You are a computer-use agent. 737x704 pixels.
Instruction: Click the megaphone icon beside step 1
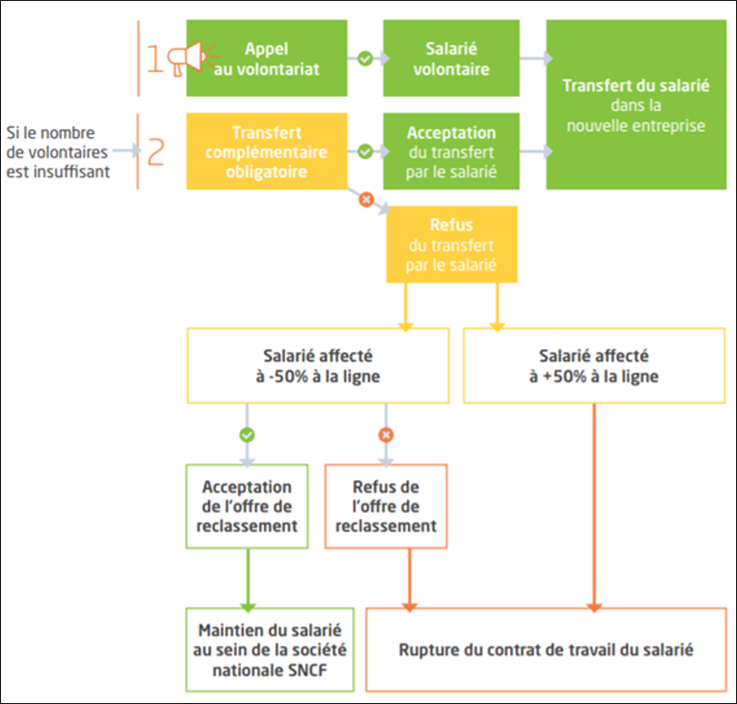pos(192,58)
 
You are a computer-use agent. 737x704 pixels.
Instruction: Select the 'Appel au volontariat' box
pos(267,58)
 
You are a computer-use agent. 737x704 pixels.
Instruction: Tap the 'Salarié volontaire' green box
pos(451,58)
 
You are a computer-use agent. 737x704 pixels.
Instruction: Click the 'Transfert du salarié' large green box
pos(637,105)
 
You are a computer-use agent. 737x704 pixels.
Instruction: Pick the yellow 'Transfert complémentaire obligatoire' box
pos(267,152)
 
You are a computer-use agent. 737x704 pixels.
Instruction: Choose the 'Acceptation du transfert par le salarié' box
pos(451,152)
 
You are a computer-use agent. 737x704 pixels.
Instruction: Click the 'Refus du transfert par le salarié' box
pos(451,244)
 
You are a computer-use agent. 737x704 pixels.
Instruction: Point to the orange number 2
pos(156,152)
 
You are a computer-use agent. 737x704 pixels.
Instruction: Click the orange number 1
pos(155,58)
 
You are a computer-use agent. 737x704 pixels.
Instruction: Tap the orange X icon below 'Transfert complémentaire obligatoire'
pos(366,200)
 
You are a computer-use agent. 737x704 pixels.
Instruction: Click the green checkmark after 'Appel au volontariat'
pos(365,58)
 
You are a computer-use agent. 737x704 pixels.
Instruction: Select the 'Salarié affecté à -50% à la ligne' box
pos(318,366)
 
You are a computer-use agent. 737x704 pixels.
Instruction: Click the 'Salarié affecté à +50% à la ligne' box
pos(594,366)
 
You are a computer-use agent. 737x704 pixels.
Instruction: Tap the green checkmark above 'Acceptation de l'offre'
pos(247,435)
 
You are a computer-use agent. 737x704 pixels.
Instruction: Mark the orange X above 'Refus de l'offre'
pos(386,435)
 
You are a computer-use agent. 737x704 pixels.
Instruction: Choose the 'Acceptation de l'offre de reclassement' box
pos(247,506)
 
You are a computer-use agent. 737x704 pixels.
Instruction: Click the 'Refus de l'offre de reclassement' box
pos(386,506)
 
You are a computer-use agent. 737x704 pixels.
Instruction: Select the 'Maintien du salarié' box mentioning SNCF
pos(270,650)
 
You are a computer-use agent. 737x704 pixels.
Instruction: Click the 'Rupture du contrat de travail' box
pos(546,650)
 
